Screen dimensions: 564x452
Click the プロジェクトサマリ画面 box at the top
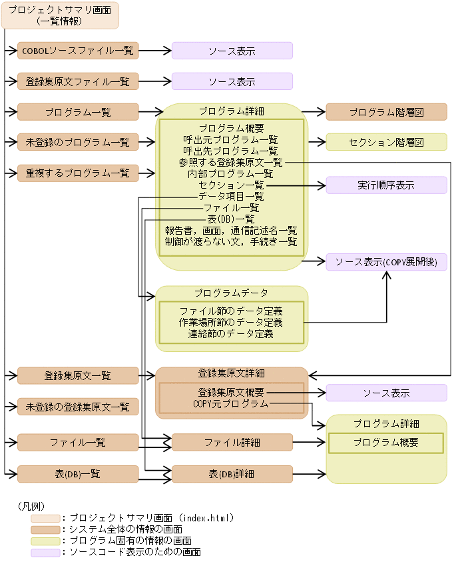(60, 15)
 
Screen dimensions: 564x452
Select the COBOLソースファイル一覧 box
(78, 50)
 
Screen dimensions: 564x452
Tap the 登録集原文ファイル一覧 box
(78, 81)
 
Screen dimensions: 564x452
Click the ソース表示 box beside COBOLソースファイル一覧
(232, 51)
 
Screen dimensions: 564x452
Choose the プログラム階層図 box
(386, 112)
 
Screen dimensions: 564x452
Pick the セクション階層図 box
(386, 142)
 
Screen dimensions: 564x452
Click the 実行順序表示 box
(386, 185)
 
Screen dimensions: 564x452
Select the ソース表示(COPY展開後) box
(386, 262)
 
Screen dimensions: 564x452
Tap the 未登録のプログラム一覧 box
(78, 142)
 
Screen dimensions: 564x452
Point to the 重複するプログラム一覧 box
(78, 173)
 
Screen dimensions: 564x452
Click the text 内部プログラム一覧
(231, 173)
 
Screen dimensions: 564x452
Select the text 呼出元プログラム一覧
(231, 139)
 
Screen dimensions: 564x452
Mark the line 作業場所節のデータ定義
(231, 323)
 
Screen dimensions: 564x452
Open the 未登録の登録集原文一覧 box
(78, 407)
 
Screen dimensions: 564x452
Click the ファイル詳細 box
(232, 443)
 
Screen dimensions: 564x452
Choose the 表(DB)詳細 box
(232, 474)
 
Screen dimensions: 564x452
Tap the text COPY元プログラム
(231, 403)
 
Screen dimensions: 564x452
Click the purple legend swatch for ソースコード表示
(44, 552)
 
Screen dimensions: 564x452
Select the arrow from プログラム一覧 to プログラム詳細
(147, 112)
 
